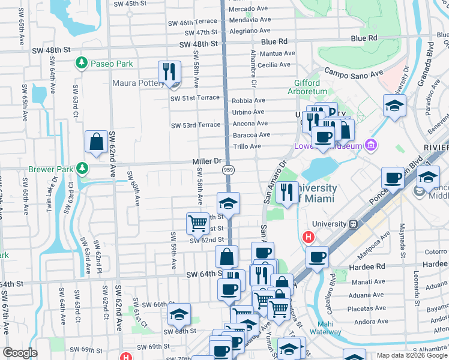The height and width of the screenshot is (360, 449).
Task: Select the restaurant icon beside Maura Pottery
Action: click(169, 73)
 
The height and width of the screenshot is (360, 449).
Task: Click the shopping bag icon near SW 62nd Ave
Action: click(96, 143)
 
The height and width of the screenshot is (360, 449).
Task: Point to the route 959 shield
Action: click(228, 170)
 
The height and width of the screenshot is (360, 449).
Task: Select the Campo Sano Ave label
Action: click(354, 73)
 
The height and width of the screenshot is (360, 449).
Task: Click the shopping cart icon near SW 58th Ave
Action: click(197, 224)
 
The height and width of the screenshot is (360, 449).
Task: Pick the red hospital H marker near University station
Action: click(309, 237)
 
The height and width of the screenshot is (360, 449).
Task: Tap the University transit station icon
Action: click(354, 224)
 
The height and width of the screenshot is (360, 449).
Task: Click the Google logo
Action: click(20, 353)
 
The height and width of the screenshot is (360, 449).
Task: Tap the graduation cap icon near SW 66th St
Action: click(179, 314)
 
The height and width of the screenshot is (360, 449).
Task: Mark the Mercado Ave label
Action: click(249, 10)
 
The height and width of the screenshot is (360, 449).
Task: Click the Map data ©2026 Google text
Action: click(412, 355)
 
